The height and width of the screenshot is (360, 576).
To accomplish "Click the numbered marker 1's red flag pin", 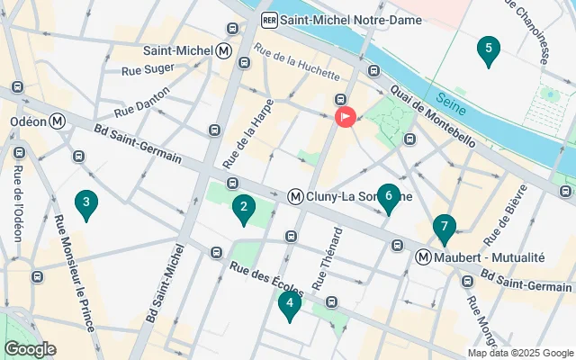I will (345, 116).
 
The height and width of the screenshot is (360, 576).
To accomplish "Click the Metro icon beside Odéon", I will (58, 121).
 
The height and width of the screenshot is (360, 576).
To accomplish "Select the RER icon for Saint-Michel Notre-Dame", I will (268, 19).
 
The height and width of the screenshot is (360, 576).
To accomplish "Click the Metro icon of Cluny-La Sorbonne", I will (294, 196).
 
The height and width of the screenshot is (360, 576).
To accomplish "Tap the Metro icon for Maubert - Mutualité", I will (423, 257).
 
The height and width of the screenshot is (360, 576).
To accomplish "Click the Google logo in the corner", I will (29, 348).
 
